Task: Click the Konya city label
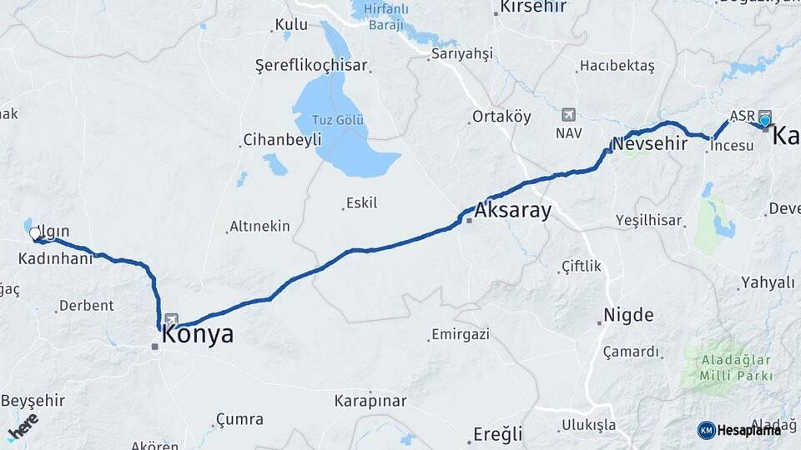[197, 335]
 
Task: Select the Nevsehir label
[649, 143]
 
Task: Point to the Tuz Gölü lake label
[338, 120]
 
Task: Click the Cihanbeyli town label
[282, 140]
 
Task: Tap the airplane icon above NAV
[569, 114]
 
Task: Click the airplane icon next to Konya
[172, 319]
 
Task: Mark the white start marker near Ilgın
[35, 234]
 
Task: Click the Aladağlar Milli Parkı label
[725, 368]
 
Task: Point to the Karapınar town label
[368, 401]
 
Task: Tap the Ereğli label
[497, 434]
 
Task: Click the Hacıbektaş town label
[617, 66]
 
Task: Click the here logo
[23, 426]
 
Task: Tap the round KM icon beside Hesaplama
[706, 430]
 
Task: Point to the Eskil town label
[360, 202]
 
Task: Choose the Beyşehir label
[33, 400]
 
